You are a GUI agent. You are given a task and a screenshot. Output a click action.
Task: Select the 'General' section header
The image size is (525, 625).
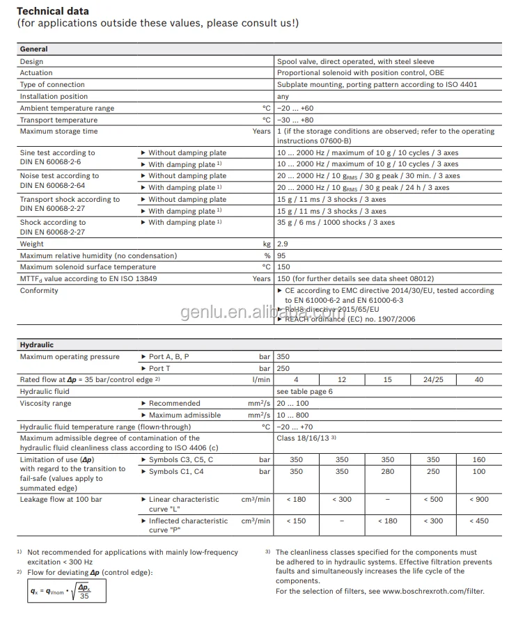33,49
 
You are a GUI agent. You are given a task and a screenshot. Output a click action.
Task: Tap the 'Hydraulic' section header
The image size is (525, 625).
36,345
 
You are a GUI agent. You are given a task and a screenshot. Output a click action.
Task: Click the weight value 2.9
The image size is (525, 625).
282,244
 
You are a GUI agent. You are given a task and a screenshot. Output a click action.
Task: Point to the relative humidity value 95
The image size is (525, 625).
281,255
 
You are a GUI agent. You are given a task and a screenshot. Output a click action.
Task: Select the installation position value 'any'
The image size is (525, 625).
283,97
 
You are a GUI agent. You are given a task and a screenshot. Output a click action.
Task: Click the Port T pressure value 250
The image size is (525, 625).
283,368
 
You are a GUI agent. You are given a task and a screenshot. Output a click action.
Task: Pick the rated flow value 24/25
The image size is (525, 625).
433,380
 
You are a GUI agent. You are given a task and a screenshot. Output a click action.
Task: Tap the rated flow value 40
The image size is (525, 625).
478,380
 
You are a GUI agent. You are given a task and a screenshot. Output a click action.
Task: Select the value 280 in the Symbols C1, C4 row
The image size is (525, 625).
388,472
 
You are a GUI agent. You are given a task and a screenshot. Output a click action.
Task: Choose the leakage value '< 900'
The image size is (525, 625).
478,500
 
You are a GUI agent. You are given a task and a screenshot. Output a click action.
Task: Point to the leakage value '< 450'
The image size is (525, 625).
478,521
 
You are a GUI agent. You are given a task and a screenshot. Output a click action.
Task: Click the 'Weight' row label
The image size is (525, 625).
31,244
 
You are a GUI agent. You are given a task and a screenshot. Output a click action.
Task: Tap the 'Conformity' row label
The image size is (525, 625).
39,291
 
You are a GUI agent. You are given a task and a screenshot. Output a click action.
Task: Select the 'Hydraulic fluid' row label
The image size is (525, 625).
45,392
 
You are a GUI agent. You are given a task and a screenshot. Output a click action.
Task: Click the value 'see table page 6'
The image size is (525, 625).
304,392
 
